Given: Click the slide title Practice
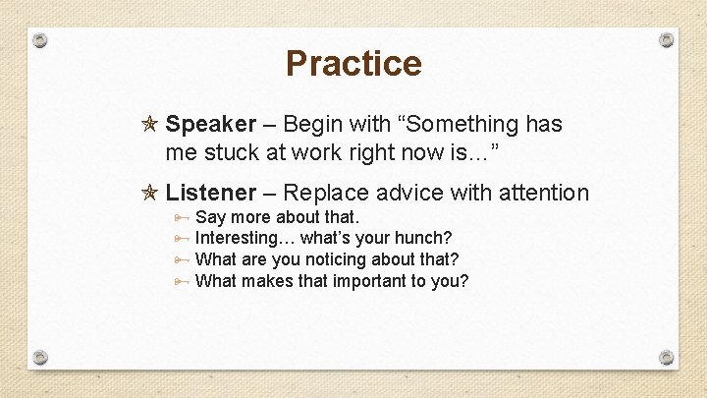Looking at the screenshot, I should coord(353,64).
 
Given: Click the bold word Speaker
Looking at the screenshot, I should coord(210,124).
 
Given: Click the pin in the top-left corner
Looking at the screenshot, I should coord(40,41).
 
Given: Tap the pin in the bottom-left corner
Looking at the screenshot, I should coord(40,357).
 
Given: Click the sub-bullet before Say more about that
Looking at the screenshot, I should coord(182,216).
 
